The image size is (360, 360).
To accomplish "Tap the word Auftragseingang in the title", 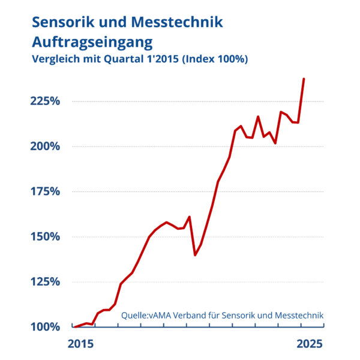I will (x=92, y=42).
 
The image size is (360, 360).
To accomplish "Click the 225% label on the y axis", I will (x=46, y=101).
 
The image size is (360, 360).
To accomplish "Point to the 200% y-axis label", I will (x=46, y=146).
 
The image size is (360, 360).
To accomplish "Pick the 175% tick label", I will (x=46, y=191).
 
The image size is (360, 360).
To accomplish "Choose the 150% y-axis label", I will (x=46, y=236).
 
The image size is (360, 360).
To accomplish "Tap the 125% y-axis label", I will (x=46, y=281).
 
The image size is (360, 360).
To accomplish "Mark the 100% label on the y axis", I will (x=46, y=327).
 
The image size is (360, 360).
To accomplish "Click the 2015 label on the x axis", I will (x=80, y=344).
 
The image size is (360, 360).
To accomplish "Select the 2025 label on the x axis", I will (x=310, y=344).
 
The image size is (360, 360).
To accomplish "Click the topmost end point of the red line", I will (x=304, y=79).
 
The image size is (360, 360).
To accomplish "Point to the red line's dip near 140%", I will (x=195, y=255).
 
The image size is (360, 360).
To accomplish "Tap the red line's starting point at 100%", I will (x=74, y=327).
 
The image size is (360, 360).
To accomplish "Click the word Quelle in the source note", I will (x=134, y=314).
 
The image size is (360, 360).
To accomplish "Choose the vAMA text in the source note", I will (x=162, y=314).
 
